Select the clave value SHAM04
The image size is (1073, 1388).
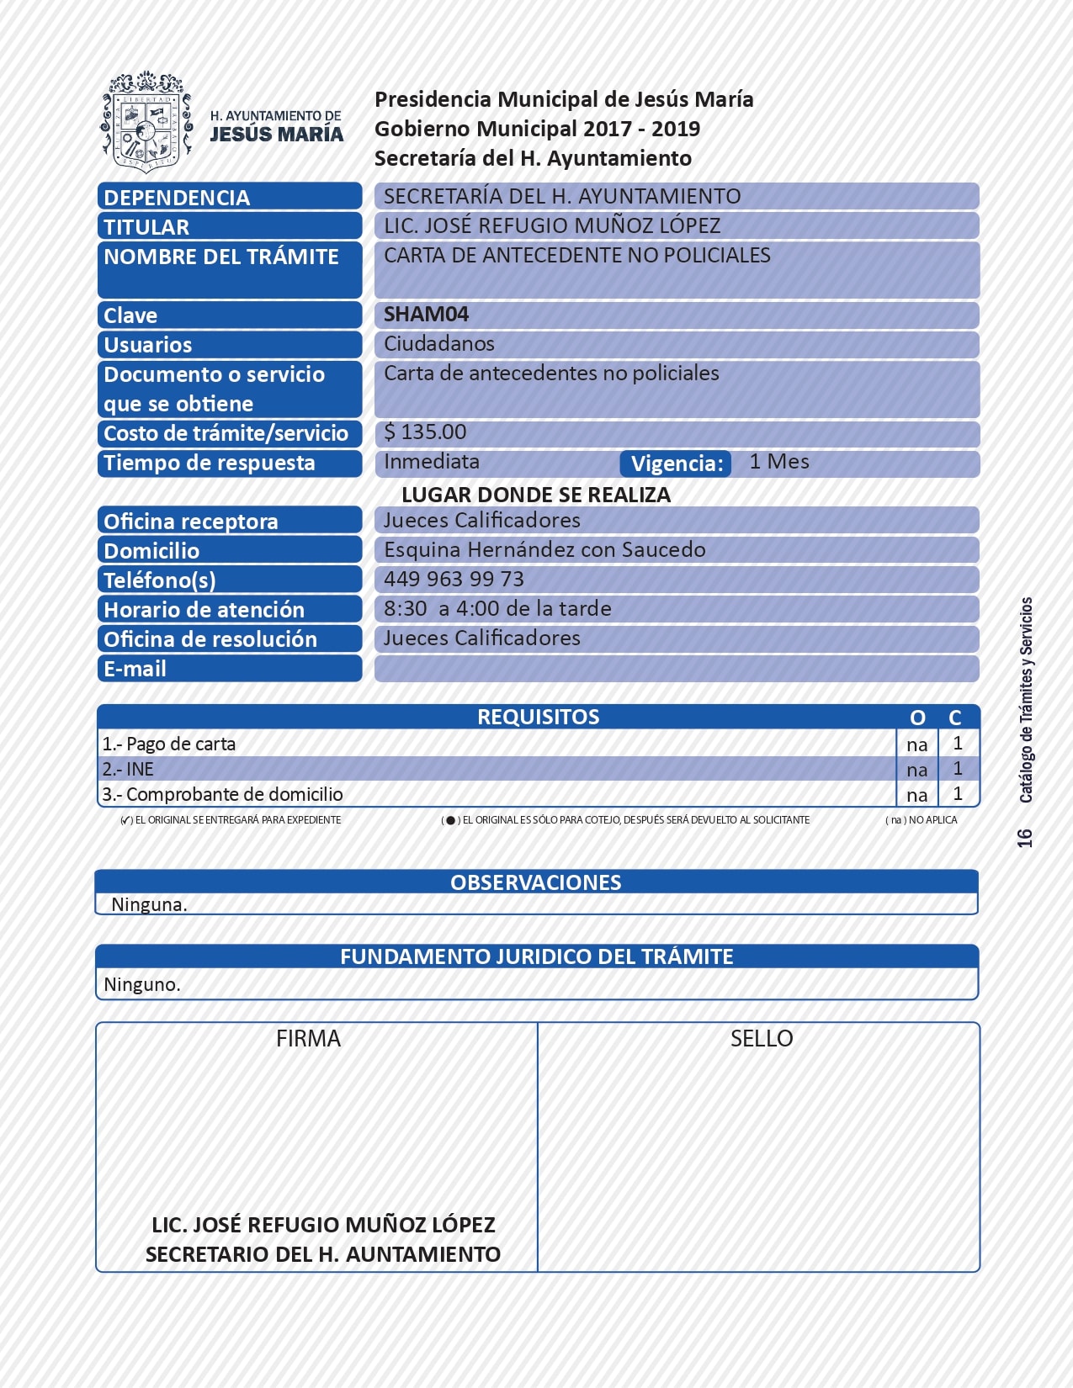tap(426, 315)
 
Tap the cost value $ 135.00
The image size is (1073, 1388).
tap(425, 432)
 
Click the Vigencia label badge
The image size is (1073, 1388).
tap(677, 464)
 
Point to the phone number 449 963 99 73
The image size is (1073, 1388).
tap(454, 579)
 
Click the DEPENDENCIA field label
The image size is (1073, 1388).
tap(177, 197)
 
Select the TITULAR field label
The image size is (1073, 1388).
tap(146, 226)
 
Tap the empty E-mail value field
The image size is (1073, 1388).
tap(676, 669)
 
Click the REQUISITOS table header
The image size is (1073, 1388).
tap(538, 717)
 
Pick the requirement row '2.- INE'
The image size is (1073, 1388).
tap(128, 769)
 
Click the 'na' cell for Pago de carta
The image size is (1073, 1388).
tap(916, 744)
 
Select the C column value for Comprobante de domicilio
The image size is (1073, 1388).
tap(958, 794)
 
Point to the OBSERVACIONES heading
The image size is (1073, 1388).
tap(535, 882)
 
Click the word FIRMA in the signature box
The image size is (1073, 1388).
tap(308, 1039)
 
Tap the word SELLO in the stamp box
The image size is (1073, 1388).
tap(761, 1039)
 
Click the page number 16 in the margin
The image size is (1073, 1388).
tap(1024, 838)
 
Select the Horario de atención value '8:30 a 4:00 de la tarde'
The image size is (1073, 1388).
tap(497, 608)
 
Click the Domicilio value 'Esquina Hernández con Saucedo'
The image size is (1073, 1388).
tap(544, 549)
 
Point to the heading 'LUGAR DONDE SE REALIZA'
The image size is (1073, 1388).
tap(536, 495)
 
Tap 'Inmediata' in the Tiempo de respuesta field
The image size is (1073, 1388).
tap(432, 462)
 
